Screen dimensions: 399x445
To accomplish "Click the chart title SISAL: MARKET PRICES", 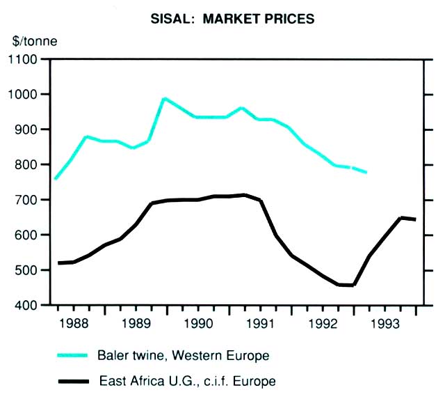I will pos(232,19).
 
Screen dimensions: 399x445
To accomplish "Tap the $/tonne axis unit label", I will pos(33,40).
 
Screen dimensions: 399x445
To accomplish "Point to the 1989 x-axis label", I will pos(136,324).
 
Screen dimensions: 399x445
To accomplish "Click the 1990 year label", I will pos(198,324).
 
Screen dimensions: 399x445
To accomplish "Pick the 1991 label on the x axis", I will pos(261,324).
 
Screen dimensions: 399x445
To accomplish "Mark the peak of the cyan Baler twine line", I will pos(164,99).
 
